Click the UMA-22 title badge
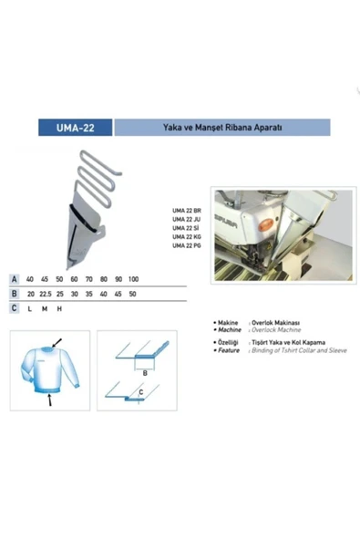[x=75, y=128]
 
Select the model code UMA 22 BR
[x=186, y=211]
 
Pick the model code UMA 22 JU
[x=186, y=220]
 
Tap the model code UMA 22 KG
[x=186, y=237]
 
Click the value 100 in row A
[x=133, y=278]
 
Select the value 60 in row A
[x=74, y=278]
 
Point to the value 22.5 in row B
[x=45, y=294]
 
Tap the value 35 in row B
[x=88, y=294]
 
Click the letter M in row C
[x=45, y=308]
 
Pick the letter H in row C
[x=59, y=308]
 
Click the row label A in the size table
[x=14, y=278]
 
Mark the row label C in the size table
[x=14, y=308]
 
